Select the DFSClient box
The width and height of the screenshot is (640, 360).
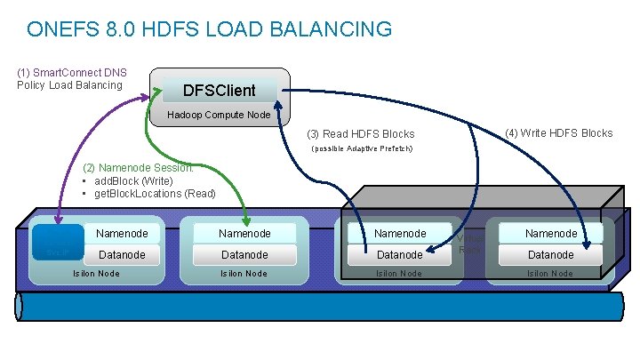[219, 90]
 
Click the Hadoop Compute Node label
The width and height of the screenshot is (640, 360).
[219, 115]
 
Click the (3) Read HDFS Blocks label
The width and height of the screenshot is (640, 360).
[361, 134]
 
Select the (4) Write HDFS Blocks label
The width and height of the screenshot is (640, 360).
[558, 133]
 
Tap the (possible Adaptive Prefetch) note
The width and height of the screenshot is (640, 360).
[360, 148]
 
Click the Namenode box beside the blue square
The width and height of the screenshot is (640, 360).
[122, 233]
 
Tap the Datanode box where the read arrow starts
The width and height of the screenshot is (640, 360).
[399, 254]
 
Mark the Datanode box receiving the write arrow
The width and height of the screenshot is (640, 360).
[551, 254]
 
